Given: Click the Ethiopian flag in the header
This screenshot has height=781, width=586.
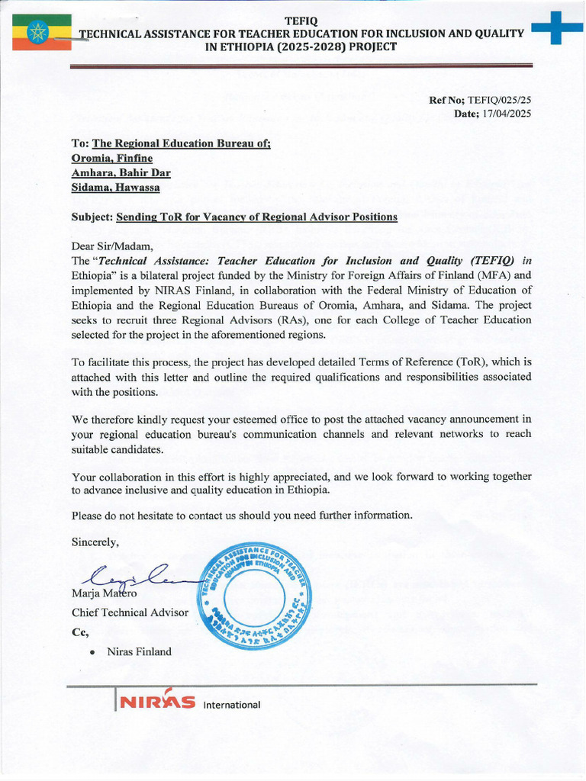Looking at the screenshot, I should pos(41,32).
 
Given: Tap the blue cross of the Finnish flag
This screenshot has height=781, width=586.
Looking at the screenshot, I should pos(556,28).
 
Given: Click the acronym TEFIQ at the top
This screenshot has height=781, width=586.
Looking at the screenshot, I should pos(301,20).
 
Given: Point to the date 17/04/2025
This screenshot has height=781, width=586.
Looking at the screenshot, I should pos(503,114).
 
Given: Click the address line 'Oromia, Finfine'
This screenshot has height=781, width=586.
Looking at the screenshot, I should pos(111,158).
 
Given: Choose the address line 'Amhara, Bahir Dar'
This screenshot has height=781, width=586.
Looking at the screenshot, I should pos(121,172).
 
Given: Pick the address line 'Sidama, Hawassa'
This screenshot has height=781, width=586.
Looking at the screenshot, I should pos(115,187).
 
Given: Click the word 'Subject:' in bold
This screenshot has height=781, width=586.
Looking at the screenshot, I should pos(92,217).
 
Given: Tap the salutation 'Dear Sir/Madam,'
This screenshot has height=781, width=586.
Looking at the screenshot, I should pos(112,246).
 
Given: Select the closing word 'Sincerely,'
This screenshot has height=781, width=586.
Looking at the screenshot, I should pos(95,542).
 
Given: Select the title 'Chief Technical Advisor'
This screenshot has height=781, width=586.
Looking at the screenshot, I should pos(129,612).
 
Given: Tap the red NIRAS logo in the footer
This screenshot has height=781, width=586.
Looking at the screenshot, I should pos(156,702).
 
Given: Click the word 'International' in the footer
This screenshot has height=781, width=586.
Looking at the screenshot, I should pos(232,705).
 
